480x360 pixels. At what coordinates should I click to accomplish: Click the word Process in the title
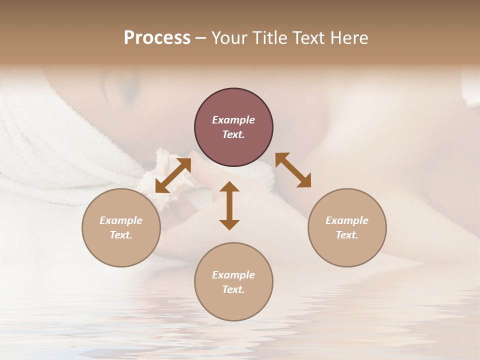[x=157, y=38]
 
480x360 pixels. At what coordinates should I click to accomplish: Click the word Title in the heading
[x=270, y=38]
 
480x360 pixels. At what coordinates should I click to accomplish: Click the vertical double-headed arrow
[x=229, y=205]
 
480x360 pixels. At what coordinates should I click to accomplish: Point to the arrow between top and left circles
[x=173, y=175]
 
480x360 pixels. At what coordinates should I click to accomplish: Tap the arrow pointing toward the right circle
[x=293, y=170]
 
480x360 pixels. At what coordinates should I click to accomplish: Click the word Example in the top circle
[x=233, y=120]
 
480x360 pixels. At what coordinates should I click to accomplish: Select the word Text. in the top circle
[x=233, y=134]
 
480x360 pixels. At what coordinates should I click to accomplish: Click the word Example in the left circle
[x=121, y=220]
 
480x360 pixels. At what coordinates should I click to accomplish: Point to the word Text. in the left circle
[x=121, y=235]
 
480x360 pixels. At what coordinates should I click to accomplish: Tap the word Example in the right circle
[x=347, y=220]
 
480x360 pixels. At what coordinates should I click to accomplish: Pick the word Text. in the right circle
[x=347, y=235]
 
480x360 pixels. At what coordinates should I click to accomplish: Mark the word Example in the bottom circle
[x=233, y=275]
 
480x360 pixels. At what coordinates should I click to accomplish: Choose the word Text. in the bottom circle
[x=233, y=289]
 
